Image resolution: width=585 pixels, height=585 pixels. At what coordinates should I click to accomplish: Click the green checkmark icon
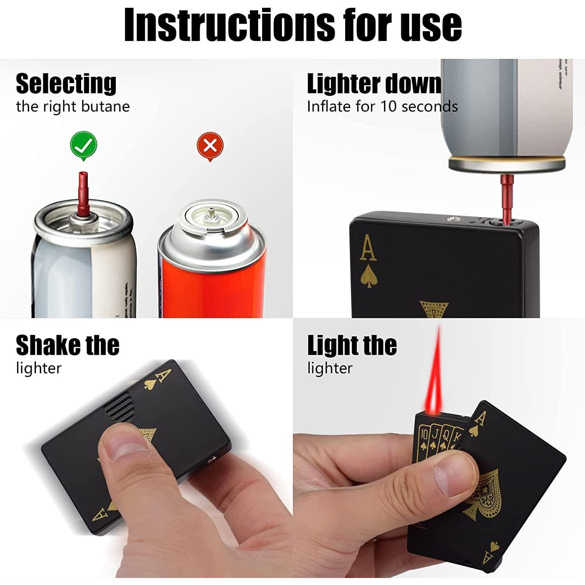tap(83, 146)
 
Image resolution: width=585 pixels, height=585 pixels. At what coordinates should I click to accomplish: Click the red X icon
tap(210, 146)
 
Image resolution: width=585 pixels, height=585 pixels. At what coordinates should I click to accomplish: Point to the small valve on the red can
tap(211, 213)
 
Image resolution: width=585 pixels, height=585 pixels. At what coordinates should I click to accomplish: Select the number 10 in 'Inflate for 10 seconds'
tap(388, 106)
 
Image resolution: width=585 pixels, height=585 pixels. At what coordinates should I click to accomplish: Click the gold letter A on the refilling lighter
tap(368, 248)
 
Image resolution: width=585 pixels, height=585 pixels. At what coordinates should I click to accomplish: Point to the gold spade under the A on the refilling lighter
tap(368, 277)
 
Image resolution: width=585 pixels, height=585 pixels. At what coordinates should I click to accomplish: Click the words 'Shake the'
tap(67, 346)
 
